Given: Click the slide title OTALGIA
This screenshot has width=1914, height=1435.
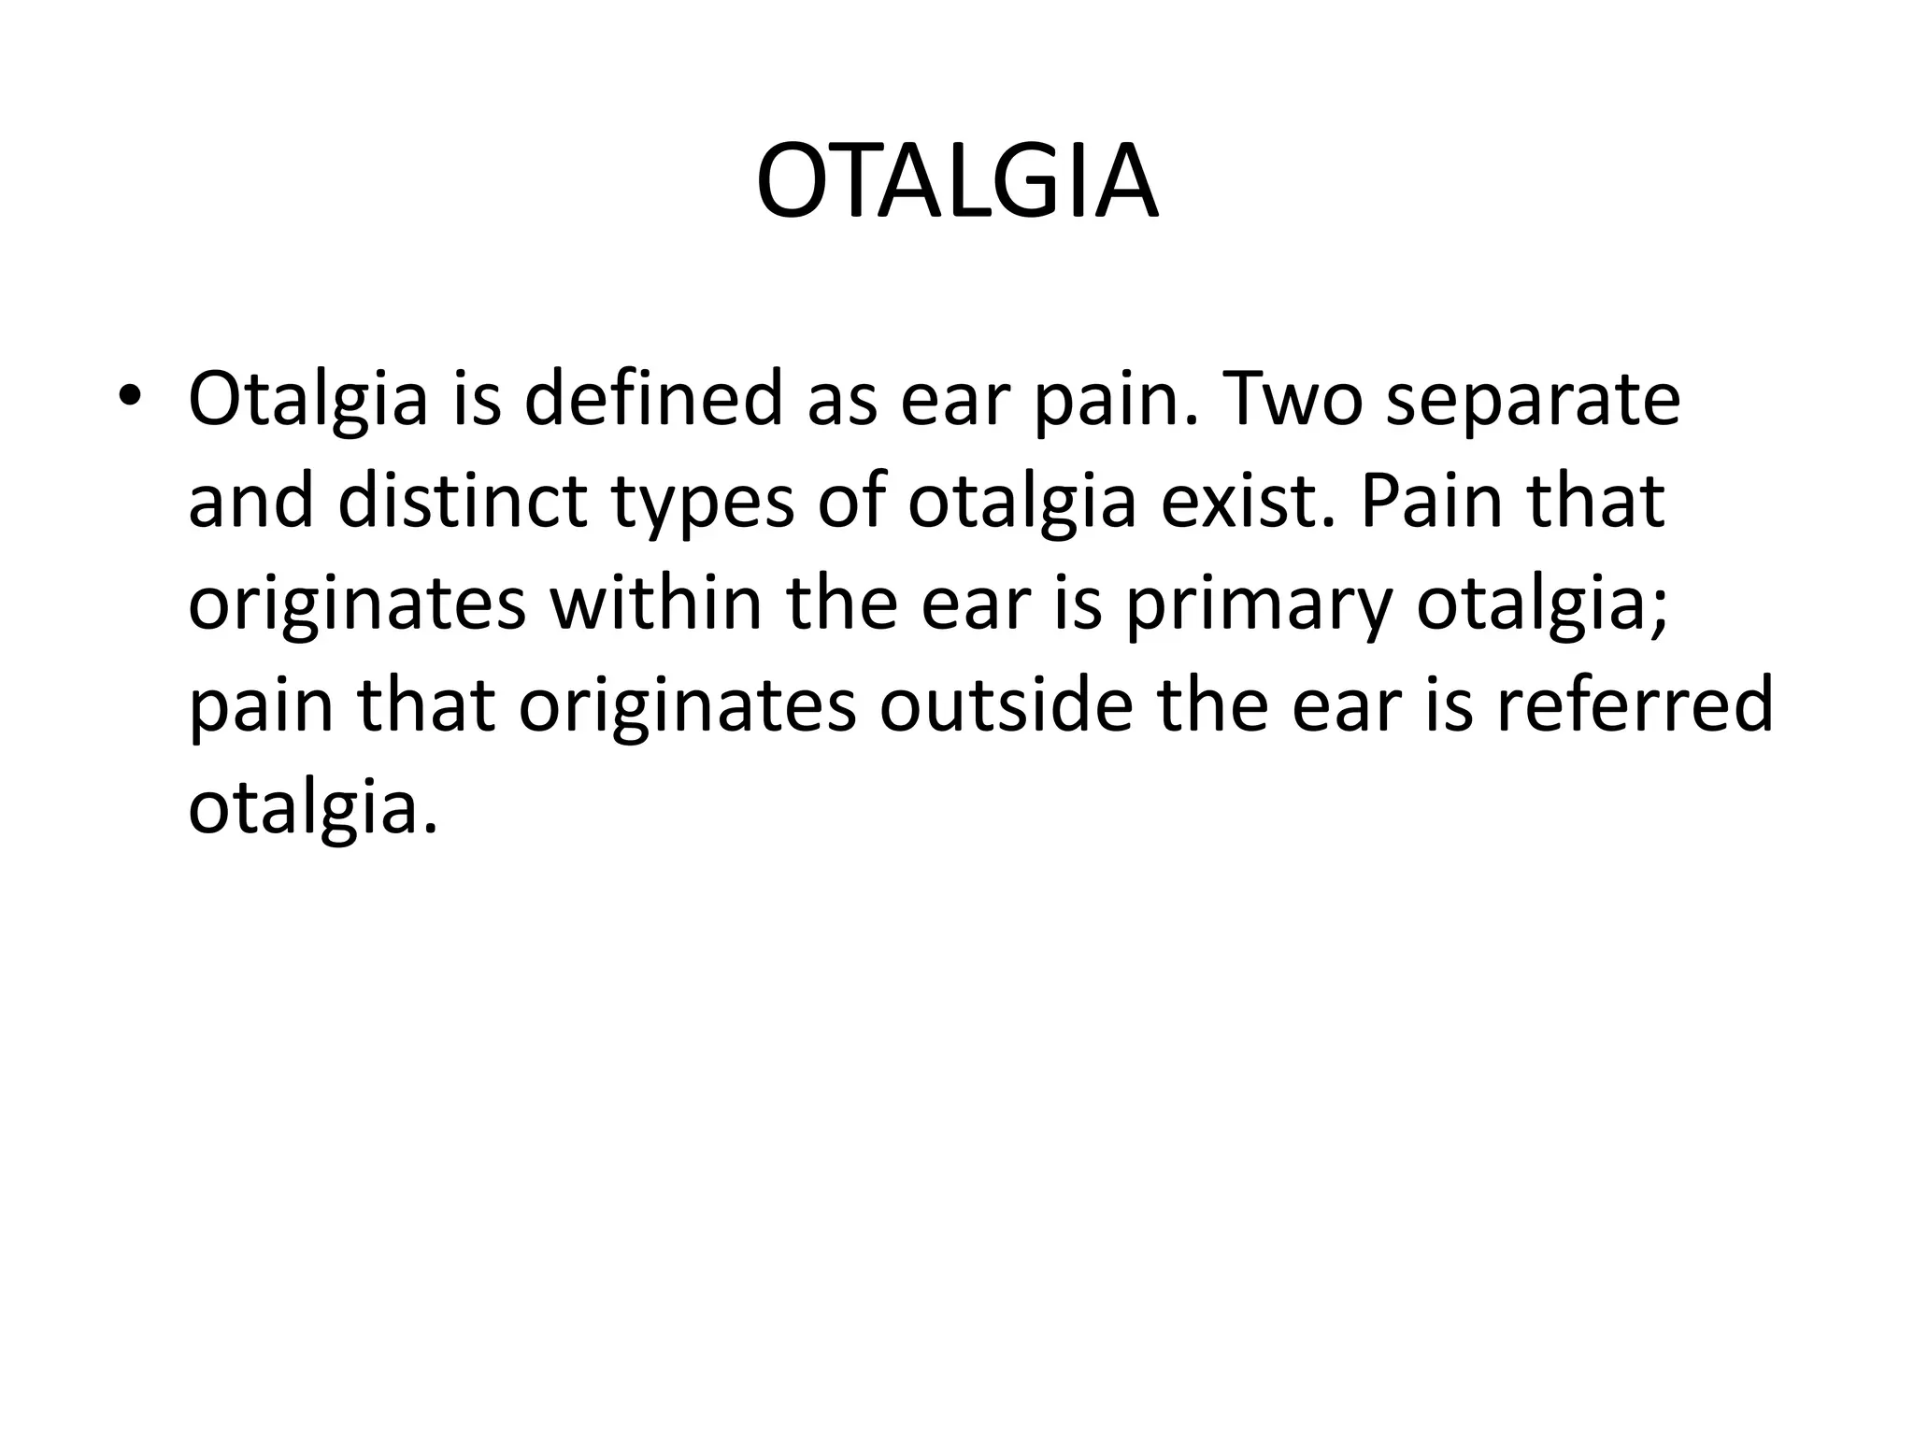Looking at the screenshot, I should point(957,182).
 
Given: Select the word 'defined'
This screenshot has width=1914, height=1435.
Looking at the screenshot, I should point(652,400).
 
